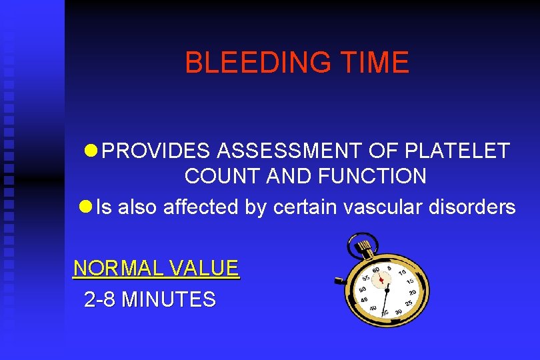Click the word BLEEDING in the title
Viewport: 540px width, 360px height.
click(257, 63)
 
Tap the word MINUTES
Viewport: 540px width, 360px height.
click(169, 299)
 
